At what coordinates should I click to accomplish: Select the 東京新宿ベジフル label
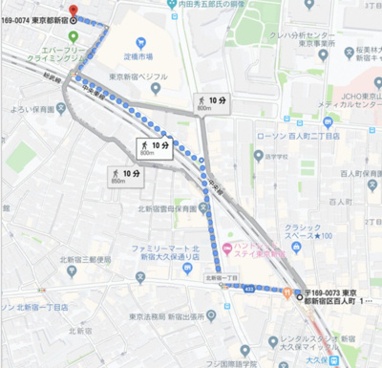[139, 77]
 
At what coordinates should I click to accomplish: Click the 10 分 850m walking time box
[125, 176]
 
